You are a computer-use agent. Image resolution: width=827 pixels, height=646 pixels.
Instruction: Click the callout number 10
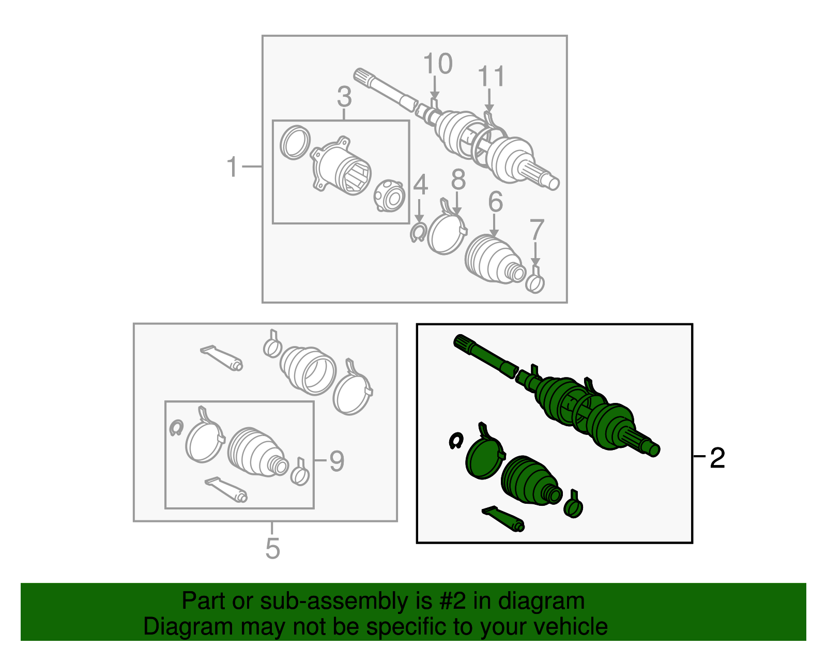pos(438,63)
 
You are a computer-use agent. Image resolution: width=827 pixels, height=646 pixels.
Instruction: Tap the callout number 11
pos(492,76)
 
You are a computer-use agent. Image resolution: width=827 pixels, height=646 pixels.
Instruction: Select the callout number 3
pos(344,97)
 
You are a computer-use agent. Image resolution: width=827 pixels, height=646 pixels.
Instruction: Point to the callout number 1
pos(232,167)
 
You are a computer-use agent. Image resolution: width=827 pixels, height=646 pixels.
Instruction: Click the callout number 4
pos(420,185)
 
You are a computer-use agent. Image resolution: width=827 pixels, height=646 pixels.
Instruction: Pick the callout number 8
pos(458,179)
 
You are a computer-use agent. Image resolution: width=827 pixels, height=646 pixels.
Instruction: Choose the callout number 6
pos(496,201)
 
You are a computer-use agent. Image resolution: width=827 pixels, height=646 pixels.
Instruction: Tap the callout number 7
pos(537,229)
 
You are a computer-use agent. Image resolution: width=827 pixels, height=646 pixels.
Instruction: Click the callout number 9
pos(337,461)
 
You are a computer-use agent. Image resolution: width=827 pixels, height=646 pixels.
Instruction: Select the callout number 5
pos(272,549)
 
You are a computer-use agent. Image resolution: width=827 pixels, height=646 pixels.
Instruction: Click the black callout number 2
pos(717,458)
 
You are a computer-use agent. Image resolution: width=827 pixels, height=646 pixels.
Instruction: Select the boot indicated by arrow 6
pos(495,260)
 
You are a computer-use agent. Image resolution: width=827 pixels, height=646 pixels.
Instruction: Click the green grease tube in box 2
pos(503,519)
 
